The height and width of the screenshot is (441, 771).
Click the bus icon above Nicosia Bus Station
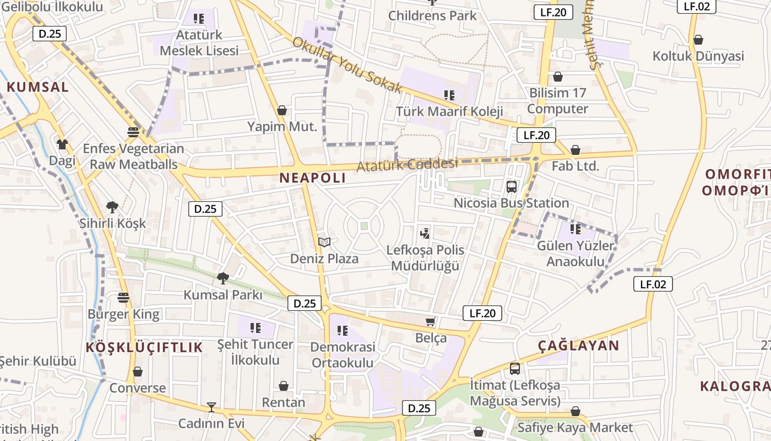(512, 186)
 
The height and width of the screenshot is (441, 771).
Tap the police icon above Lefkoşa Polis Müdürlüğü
(425, 233)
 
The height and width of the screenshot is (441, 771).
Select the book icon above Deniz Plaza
(324, 242)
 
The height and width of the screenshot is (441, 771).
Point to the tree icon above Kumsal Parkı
(222, 278)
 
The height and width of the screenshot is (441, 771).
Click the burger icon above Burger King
(123, 298)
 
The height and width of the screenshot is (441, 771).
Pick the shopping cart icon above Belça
(431, 321)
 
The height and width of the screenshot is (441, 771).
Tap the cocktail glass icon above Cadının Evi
(211, 407)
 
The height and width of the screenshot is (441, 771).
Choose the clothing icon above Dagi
(62, 144)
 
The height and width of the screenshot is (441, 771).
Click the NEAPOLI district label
(313, 178)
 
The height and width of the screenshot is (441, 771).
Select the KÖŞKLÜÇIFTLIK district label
(144, 347)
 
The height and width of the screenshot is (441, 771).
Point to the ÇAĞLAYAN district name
(579, 346)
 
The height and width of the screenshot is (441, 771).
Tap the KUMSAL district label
(38, 87)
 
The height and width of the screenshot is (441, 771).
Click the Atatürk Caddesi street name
(408, 164)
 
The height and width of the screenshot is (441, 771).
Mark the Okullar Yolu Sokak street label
(348, 65)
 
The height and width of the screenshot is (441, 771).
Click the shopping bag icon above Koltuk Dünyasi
(698, 40)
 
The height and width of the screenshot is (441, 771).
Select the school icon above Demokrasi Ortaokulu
(343, 331)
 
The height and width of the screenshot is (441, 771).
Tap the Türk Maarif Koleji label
(449, 111)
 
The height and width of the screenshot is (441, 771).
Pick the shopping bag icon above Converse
(138, 372)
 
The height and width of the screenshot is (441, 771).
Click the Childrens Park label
(432, 15)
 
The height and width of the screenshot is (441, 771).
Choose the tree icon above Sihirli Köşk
(112, 207)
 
